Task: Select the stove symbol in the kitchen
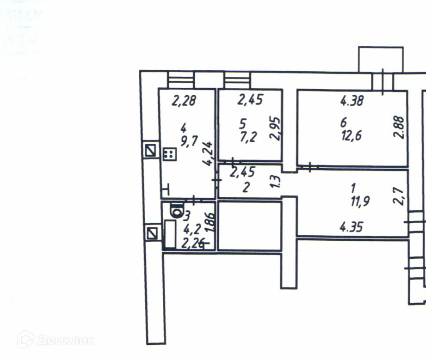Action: [x=168, y=154]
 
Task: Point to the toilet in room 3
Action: [x=176, y=211]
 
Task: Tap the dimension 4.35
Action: [x=352, y=227]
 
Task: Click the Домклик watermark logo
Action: [x=56, y=341]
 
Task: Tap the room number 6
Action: [x=343, y=123]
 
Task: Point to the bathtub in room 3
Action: [x=169, y=234]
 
